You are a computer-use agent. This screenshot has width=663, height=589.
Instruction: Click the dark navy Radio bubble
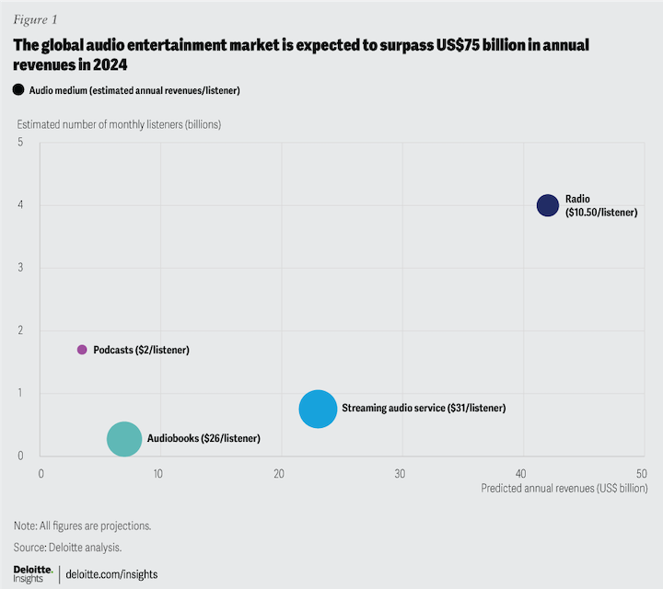[548, 205]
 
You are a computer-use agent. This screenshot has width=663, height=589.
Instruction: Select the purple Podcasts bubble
[82, 350]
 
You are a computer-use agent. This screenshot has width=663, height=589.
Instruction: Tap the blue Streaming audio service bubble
[318, 409]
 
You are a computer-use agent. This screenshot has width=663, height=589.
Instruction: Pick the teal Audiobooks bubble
[124, 439]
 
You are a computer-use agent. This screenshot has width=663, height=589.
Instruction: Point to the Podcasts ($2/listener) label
[141, 350]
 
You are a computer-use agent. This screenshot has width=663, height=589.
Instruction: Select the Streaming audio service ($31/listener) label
[424, 408]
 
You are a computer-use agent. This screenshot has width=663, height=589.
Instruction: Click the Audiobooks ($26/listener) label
[204, 439]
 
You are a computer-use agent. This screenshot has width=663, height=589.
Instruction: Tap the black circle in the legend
[18, 89]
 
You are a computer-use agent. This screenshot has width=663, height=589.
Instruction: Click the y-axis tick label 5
[19, 142]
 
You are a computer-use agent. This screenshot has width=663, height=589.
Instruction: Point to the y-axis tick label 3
[19, 268]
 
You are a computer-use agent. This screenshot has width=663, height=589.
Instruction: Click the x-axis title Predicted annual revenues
[564, 489]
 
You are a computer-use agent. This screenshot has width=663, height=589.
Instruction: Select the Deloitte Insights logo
[33, 573]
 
